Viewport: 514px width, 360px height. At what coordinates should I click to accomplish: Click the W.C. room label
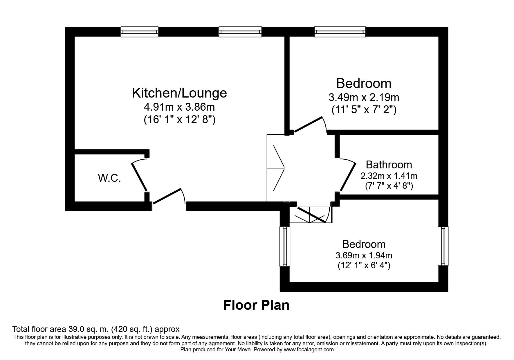(109, 178)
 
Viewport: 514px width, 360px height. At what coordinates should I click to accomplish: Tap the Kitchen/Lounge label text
(179, 93)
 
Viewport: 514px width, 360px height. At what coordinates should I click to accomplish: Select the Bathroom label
(389, 165)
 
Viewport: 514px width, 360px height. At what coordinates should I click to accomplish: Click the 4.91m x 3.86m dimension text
(179, 107)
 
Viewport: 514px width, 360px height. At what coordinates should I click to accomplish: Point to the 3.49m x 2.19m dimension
(364, 97)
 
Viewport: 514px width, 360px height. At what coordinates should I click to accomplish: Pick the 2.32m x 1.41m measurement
(389, 176)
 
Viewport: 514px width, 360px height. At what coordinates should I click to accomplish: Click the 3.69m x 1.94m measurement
(364, 255)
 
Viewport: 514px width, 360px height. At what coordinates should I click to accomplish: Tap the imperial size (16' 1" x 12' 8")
(179, 120)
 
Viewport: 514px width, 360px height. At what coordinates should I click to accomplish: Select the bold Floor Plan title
(256, 305)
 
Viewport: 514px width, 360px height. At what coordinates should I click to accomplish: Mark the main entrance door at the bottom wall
(167, 197)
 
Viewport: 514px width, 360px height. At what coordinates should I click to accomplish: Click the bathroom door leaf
(348, 177)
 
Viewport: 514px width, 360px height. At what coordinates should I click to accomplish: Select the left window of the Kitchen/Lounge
(140, 32)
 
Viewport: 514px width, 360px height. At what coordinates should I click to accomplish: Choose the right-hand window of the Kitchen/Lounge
(240, 32)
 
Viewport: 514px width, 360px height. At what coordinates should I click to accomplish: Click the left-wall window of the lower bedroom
(285, 246)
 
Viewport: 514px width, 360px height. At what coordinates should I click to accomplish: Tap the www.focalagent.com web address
(309, 350)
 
